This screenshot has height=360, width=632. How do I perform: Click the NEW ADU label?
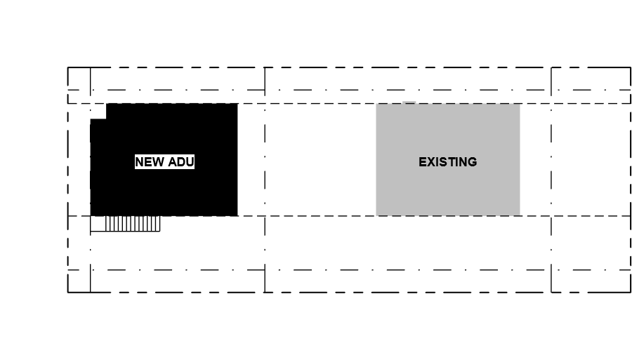(x=164, y=162)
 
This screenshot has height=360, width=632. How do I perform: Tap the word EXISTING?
(x=448, y=162)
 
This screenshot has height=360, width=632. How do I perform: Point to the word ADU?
(x=180, y=162)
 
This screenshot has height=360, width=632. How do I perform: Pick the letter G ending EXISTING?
(x=473, y=162)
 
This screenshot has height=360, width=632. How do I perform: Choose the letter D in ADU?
(x=180, y=162)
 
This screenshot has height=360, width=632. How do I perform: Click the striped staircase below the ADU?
(x=133, y=223)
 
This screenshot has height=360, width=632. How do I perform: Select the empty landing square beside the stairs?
(x=98, y=223)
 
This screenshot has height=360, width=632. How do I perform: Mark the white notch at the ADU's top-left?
(x=98, y=111)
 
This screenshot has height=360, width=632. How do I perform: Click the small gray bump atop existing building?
(x=409, y=102)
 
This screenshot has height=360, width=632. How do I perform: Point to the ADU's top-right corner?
(x=237, y=104)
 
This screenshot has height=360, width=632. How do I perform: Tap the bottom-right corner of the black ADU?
(x=237, y=216)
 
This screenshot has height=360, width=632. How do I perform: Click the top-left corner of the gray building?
(x=376, y=104)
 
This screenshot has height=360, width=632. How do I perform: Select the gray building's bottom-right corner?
(x=520, y=215)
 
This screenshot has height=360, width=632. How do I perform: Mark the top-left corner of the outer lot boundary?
(x=67, y=67)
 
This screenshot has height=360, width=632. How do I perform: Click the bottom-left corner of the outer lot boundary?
(x=67, y=292)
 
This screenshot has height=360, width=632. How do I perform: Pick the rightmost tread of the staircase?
(x=158, y=223)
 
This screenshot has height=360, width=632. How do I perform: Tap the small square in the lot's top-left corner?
(x=79, y=79)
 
